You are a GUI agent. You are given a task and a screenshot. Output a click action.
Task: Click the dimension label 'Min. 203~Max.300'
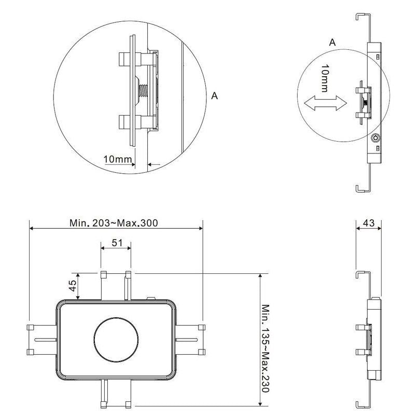point(114,223)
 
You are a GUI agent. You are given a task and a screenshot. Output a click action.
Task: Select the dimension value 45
point(73,286)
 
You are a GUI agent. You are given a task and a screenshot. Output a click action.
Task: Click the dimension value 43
point(369,223)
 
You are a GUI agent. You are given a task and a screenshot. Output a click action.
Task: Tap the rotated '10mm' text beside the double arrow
point(324,78)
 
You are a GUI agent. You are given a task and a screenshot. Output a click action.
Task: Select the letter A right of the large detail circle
point(215,95)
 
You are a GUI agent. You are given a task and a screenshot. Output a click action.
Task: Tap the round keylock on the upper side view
point(375,138)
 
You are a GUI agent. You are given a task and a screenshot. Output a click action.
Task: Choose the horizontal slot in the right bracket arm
point(188,340)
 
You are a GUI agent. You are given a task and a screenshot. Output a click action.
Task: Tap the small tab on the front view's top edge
point(152,298)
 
